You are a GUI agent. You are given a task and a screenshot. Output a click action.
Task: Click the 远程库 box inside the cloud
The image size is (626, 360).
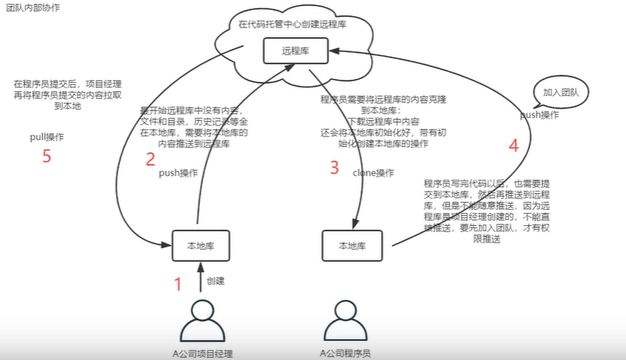(294, 52)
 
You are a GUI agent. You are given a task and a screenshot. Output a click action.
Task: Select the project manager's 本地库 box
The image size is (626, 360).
(202, 245)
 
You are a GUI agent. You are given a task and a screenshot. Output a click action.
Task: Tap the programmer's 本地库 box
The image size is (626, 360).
(352, 246)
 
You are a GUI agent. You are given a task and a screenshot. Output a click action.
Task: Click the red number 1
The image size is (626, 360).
(178, 284)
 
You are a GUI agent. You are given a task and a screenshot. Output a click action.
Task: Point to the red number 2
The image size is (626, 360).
(150, 159)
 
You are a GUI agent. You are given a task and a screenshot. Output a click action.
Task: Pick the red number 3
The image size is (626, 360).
(334, 168)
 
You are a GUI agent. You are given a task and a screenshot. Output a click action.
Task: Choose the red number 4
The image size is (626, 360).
(513, 145)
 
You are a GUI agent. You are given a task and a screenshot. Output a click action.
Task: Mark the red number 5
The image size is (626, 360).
(47, 158)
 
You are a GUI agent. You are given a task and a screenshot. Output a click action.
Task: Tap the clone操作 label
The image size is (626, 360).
(373, 172)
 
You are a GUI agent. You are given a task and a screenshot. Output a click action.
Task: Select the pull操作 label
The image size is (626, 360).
(47, 137)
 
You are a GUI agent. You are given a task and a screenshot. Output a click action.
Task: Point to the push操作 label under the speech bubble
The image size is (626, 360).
(539, 115)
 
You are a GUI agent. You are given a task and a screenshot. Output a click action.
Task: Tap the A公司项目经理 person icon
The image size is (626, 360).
(202, 320)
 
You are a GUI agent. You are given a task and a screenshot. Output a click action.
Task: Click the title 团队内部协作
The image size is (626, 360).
(33, 7)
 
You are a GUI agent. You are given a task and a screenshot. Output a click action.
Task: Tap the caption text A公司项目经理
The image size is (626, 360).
(202, 353)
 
